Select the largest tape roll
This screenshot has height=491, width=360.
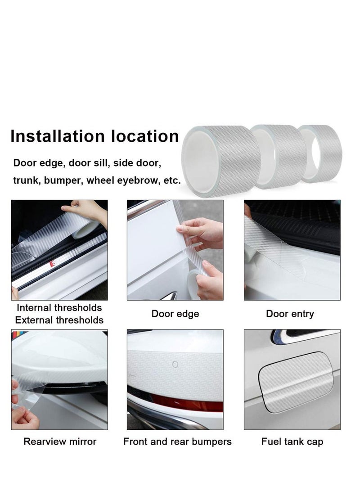[x=220, y=161]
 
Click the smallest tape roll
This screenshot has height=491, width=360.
[x=320, y=153]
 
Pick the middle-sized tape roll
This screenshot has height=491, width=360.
[x=278, y=156]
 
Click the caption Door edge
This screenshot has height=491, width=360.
[x=175, y=314]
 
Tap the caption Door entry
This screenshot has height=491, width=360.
[x=290, y=314]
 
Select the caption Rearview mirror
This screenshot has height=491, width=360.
[x=60, y=441]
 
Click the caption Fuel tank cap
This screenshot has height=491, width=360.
[x=292, y=441]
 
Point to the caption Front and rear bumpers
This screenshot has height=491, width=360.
[x=177, y=441]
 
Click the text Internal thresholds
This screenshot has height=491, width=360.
[x=59, y=308]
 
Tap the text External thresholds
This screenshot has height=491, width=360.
[x=59, y=320]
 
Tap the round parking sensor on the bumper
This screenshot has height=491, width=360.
[x=175, y=364]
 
